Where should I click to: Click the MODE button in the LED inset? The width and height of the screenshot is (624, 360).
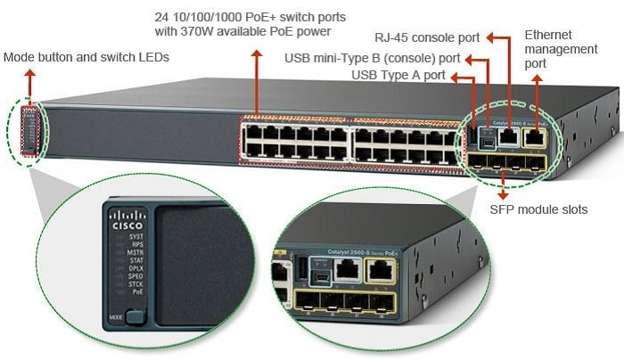tap(135, 315)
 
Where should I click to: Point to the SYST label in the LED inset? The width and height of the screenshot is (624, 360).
tap(135, 236)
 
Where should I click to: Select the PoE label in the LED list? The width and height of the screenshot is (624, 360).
tap(137, 291)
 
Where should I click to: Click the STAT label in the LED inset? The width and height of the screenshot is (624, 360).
tap(135, 259)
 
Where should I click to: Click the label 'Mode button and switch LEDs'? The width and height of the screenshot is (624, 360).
tap(86, 58)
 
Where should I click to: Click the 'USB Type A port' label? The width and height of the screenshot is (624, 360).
tap(398, 75)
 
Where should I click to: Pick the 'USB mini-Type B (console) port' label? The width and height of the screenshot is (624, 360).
tap(373, 59)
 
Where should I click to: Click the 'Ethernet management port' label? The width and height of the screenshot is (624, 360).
tap(561, 49)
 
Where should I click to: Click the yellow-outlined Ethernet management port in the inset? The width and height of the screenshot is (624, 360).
tap(382, 271)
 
